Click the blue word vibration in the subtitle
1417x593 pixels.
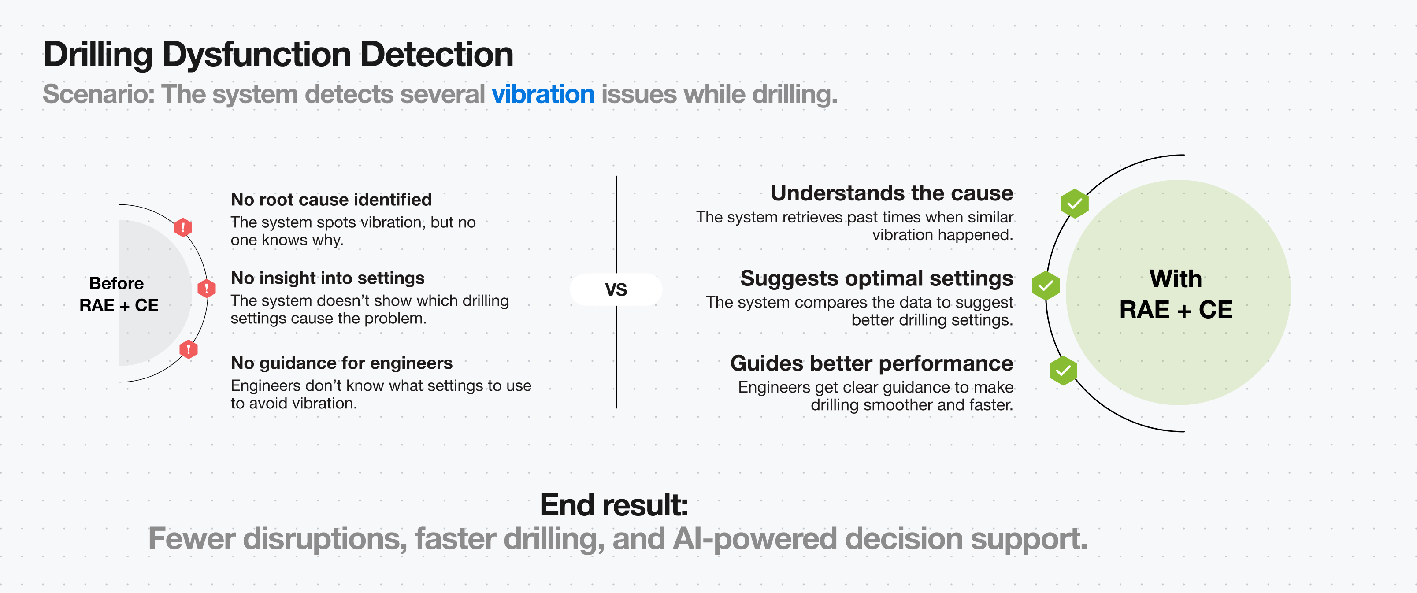(x=542, y=94)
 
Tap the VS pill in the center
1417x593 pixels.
(x=616, y=289)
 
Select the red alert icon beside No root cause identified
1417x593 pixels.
(x=182, y=226)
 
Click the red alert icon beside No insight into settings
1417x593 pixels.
(x=206, y=288)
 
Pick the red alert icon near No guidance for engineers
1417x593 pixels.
(x=188, y=349)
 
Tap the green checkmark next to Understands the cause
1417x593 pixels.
(x=1074, y=204)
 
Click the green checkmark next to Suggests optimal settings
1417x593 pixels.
(x=1045, y=285)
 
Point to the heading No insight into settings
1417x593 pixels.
(x=327, y=278)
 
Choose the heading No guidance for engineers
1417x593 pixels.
(x=341, y=363)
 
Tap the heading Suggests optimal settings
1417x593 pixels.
(x=876, y=278)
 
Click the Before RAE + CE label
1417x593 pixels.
(x=118, y=294)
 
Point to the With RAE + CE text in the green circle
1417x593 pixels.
(x=1176, y=294)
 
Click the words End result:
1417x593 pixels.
(x=613, y=504)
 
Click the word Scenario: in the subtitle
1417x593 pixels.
(x=99, y=94)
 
